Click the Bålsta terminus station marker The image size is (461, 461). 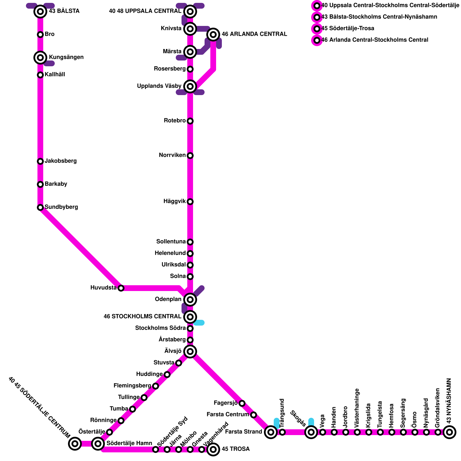[x=40, y=12]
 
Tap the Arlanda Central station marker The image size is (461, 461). [x=213, y=35]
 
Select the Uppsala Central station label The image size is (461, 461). [x=145, y=11]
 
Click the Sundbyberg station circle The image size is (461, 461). [x=40, y=207]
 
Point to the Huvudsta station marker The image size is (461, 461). [x=121, y=288]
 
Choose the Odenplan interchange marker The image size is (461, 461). [x=190, y=300]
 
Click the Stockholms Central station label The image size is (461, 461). [x=142, y=317]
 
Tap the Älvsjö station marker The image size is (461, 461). [x=190, y=352]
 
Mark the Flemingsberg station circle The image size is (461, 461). [x=156, y=386]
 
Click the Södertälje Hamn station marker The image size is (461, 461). [x=98, y=444]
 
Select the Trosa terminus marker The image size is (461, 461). [x=213, y=449]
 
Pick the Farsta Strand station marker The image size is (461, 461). [x=271, y=432]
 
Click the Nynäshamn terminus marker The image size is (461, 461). [x=449, y=432]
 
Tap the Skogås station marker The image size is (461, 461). [x=311, y=432]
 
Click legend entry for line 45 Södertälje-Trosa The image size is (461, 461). [x=347, y=29]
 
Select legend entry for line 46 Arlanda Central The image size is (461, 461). [x=375, y=40]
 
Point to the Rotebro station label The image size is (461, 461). [x=175, y=121]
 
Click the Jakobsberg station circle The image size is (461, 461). [x=40, y=161]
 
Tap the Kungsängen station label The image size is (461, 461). [x=66, y=57]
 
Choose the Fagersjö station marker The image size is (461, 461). [x=242, y=403]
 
